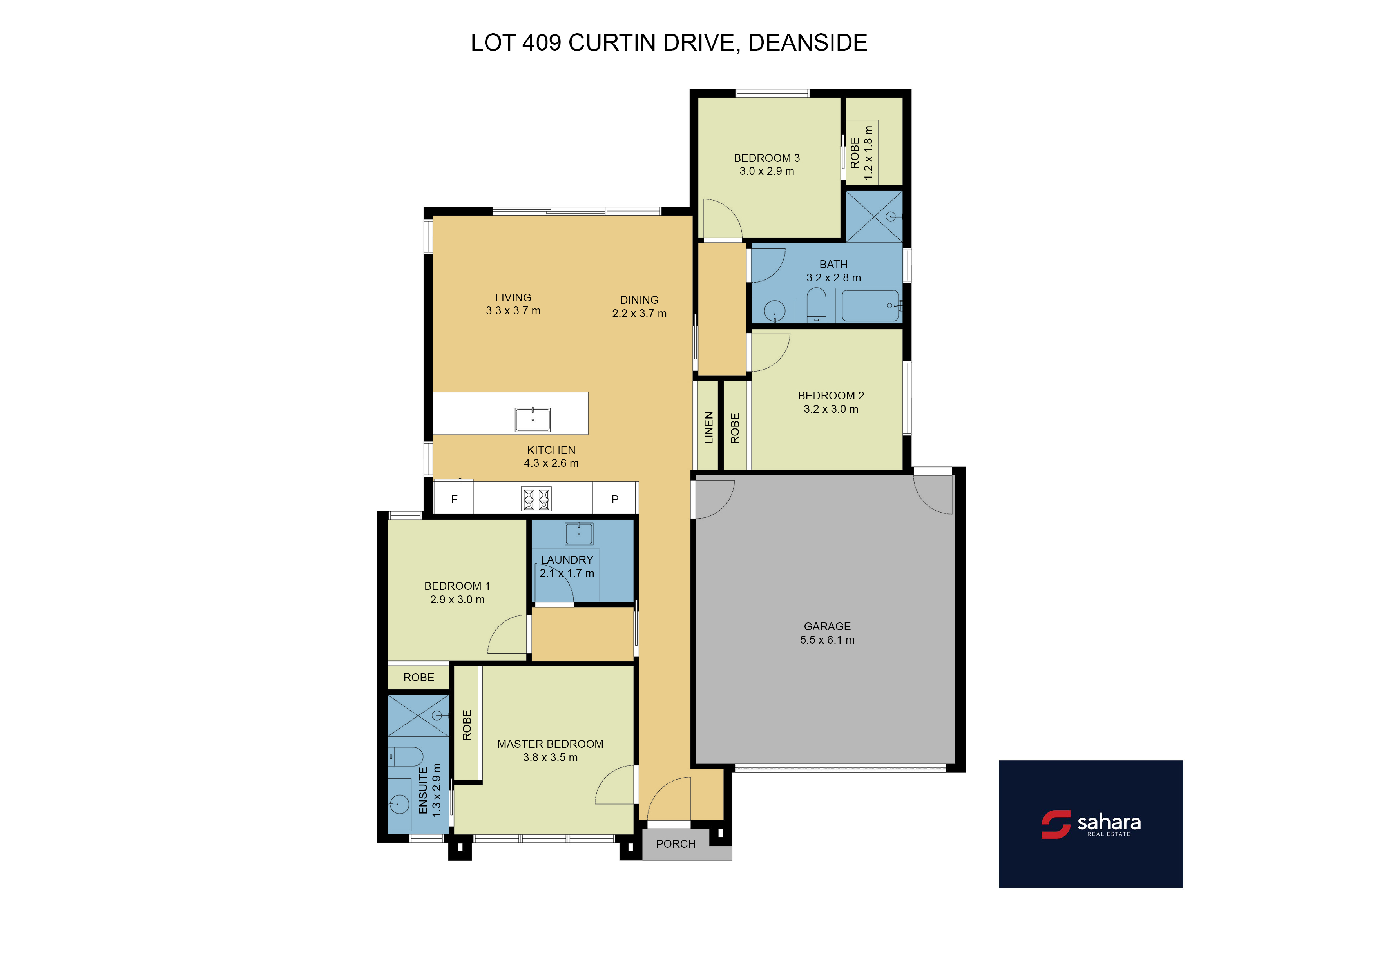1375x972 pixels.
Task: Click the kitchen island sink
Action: tap(533, 419)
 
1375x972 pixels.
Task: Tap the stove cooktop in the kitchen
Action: tap(536, 499)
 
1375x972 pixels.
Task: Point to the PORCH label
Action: tap(676, 844)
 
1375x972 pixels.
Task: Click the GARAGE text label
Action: tap(827, 626)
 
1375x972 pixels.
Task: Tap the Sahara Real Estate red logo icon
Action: tap(1056, 824)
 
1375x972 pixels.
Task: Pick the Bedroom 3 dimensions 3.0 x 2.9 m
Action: tap(766, 171)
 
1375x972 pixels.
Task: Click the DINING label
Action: tap(639, 300)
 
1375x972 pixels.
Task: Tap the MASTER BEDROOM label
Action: tap(551, 744)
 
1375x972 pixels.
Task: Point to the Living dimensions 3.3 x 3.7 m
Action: tap(513, 311)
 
